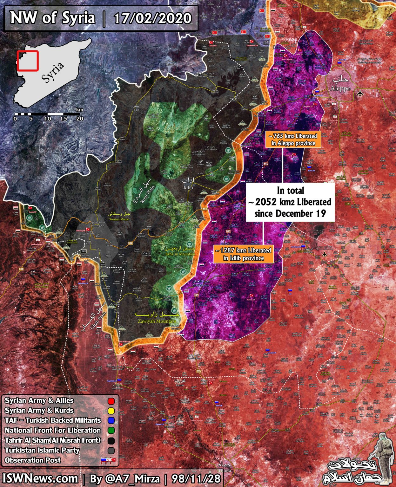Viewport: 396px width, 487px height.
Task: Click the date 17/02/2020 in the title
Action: [x=153, y=18]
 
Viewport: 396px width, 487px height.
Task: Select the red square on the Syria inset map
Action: [x=28, y=60]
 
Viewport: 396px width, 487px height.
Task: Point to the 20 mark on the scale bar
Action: [x=80, y=119]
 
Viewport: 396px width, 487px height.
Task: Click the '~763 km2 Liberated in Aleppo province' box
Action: [x=293, y=140]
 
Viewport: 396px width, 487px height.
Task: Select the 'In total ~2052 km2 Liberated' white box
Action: [x=290, y=202]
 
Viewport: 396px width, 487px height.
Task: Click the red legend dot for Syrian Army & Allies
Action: [x=111, y=401]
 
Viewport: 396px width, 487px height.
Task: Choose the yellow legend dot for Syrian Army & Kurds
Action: [x=111, y=411]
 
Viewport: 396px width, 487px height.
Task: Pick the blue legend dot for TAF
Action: [x=111, y=421]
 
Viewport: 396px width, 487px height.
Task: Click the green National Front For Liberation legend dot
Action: [x=111, y=431]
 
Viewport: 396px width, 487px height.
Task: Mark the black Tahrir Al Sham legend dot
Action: [x=111, y=440]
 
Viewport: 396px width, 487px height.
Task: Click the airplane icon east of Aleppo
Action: [x=359, y=93]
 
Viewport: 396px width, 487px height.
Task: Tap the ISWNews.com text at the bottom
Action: [x=41, y=478]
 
